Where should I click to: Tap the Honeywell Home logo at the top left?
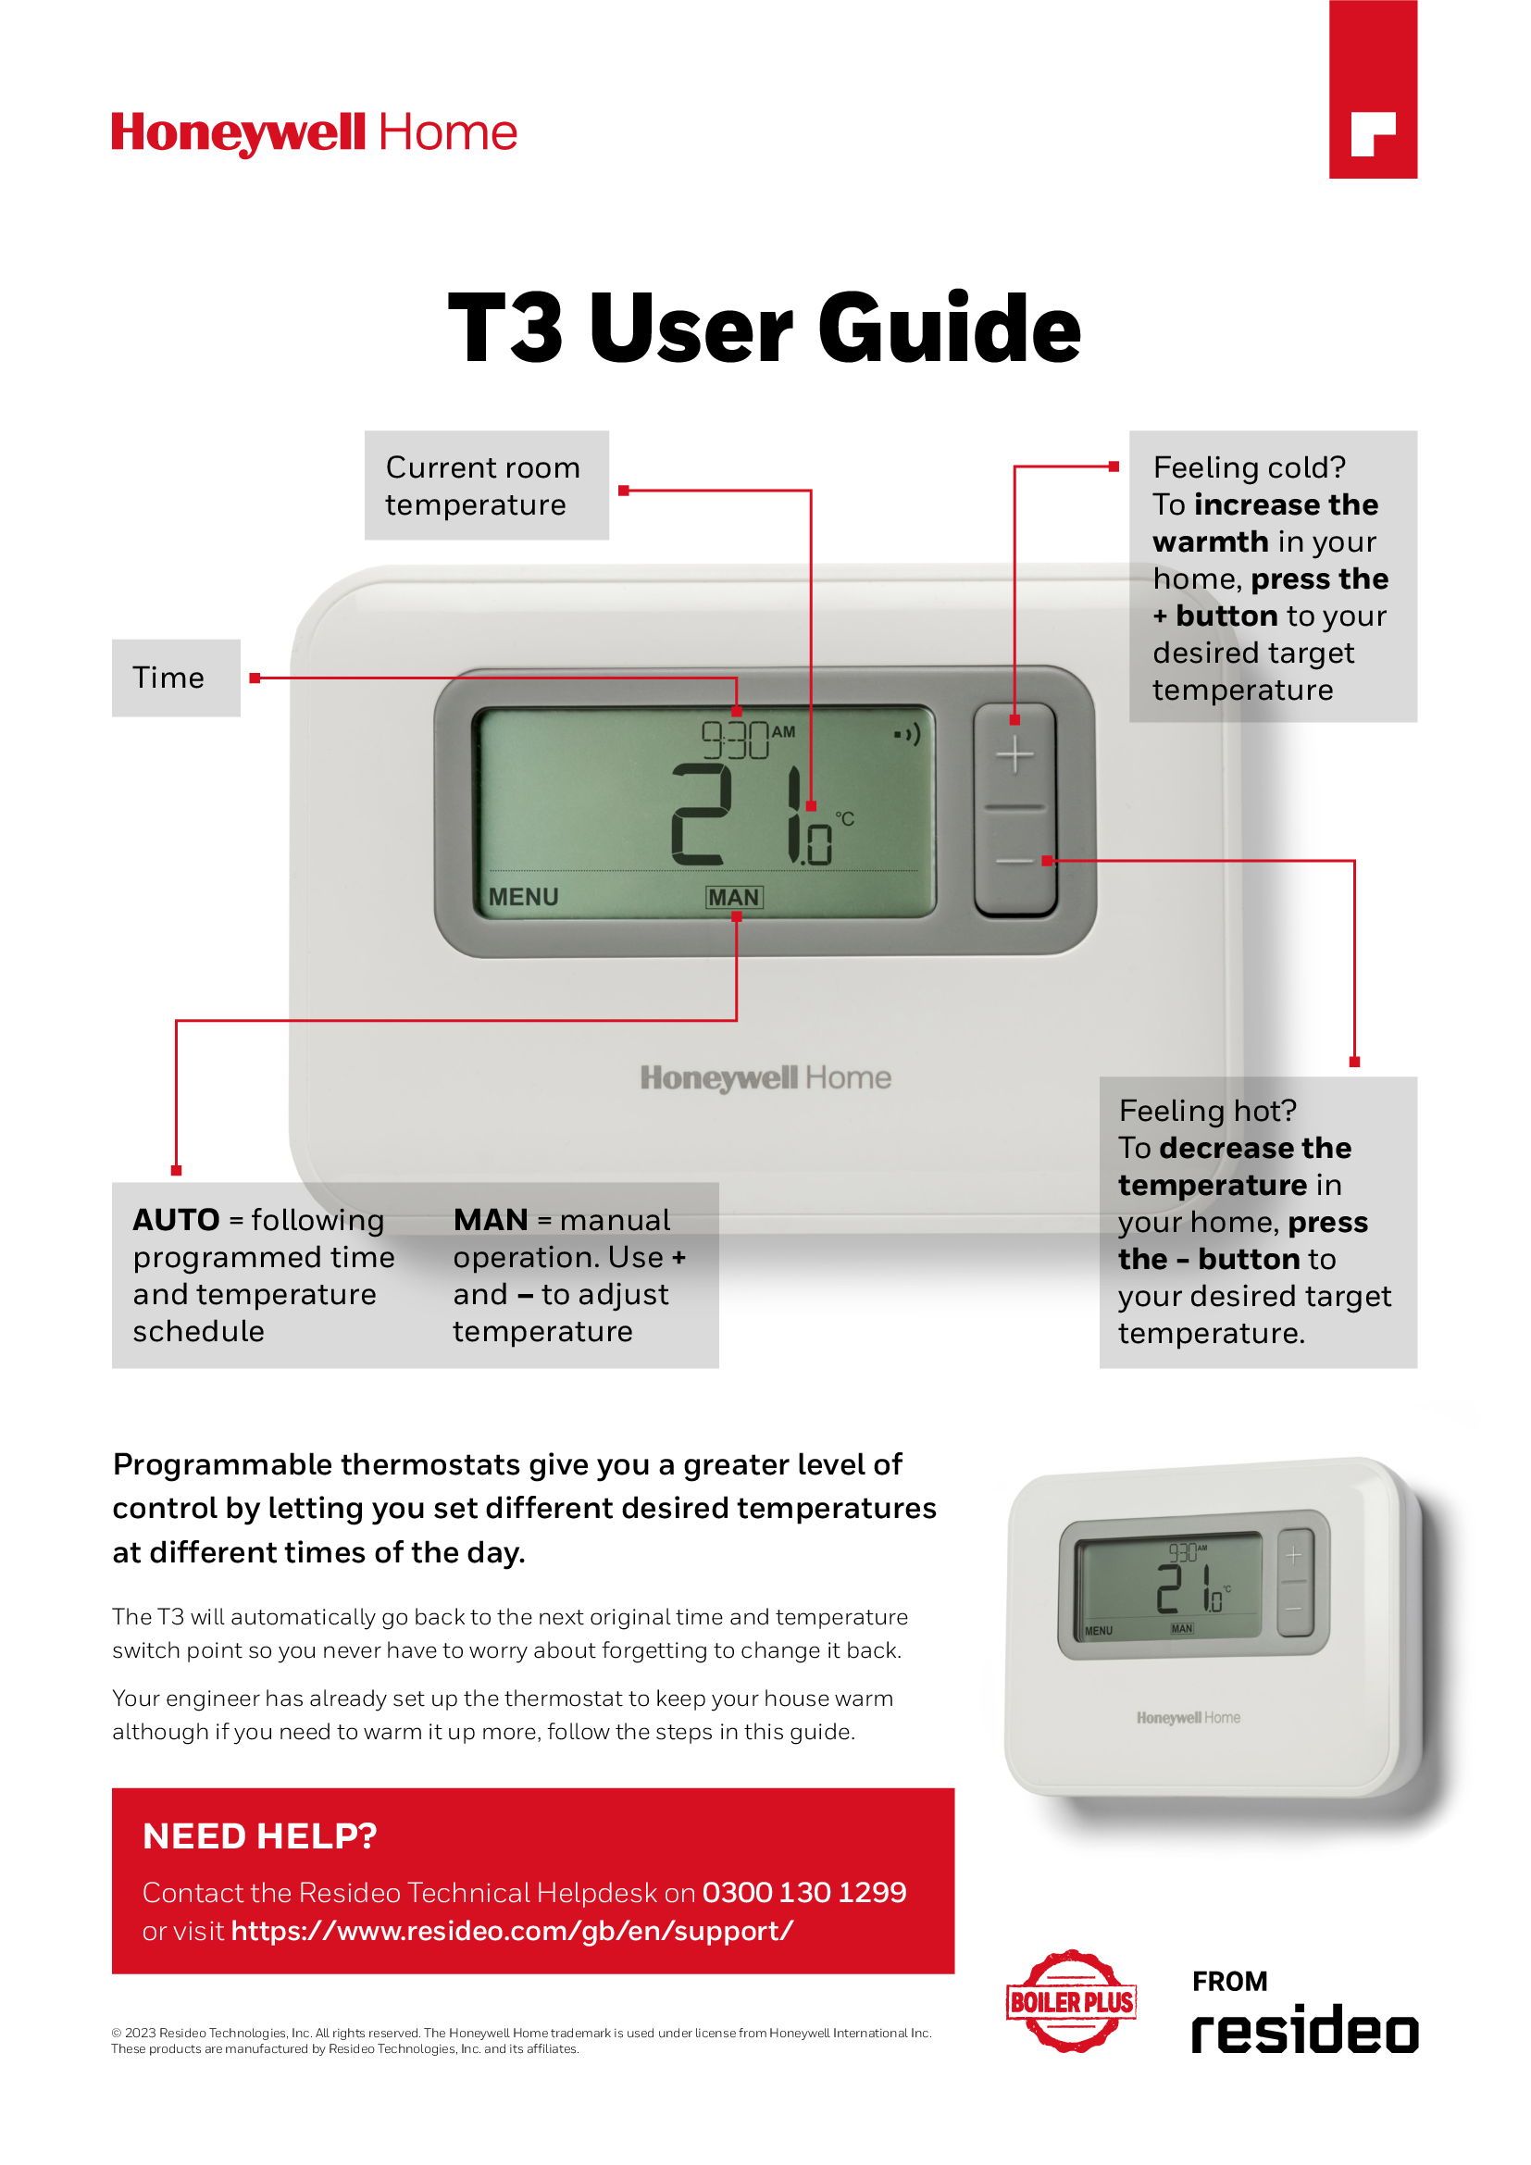point(314,133)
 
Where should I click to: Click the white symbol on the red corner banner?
point(1372,134)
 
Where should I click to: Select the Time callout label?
point(175,678)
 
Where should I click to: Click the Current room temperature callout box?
point(486,486)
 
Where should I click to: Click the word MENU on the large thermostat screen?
point(523,897)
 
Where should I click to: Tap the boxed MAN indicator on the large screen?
point(734,897)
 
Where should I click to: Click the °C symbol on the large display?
point(845,818)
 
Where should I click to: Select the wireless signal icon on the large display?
point(907,734)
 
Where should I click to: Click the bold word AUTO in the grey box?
point(176,1220)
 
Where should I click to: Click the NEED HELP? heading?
point(259,1835)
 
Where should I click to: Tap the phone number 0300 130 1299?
point(804,1893)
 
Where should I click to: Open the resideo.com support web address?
point(512,1931)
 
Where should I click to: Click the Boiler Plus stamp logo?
point(1071,2001)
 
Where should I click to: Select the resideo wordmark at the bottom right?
point(1304,2030)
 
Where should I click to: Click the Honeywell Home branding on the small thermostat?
point(1188,1718)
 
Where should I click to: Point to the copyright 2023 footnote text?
point(520,2041)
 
